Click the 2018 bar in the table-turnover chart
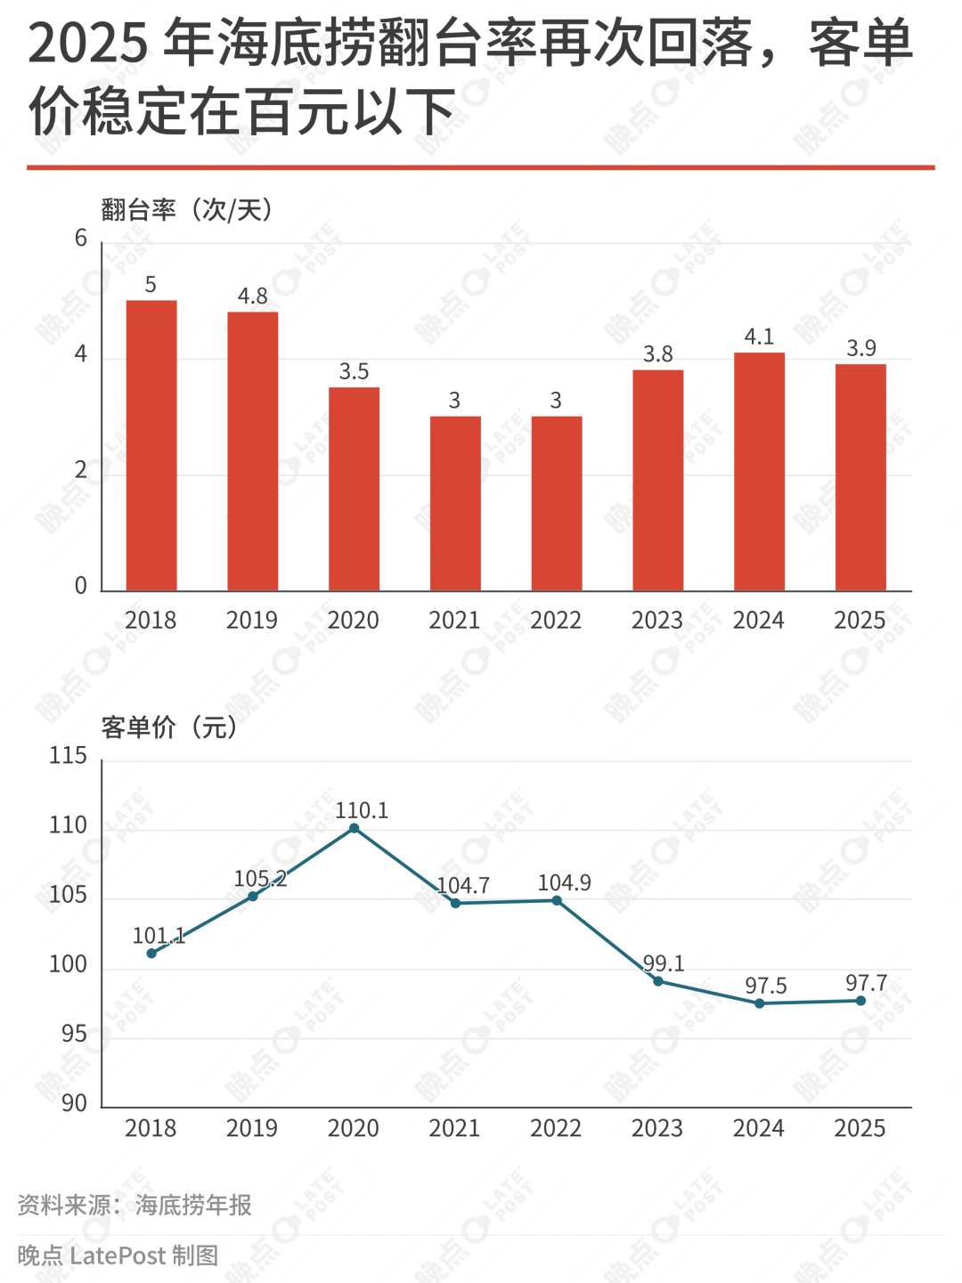(151, 445)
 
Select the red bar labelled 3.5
(354, 489)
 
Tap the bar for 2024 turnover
(759, 472)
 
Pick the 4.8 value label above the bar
(252, 296)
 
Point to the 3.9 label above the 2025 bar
(860, 348)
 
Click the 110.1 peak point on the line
(354, 828)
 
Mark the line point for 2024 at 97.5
(759, 1003)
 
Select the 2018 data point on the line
(151, 953)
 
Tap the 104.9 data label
(564, 882)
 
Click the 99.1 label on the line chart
(664, 963)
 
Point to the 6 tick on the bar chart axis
(81, 238)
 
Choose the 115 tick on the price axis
(68, 756)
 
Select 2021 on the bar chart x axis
(454, 621)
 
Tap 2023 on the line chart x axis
(657, 1128)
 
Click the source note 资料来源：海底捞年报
(135, 1205)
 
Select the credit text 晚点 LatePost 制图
(118, 1255)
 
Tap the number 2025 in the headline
(86, 45)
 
